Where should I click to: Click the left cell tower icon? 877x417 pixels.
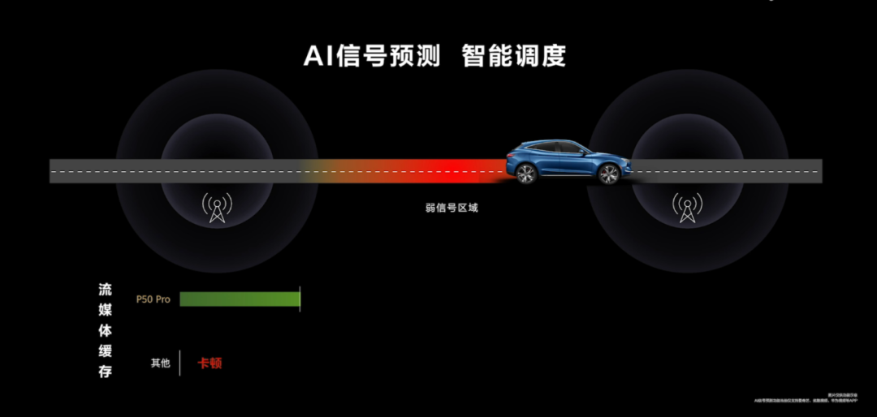[217, 207]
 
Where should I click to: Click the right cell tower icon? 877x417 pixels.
[687, 207]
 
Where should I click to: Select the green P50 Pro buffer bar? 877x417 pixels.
[240, 299]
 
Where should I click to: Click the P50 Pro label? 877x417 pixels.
[153, 299]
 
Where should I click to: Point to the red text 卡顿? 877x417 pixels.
[210, 363]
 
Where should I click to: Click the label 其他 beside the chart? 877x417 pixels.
[160, 363]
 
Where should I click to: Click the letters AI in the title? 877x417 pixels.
[318, 56]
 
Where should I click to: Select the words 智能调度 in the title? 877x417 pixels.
[513, 56]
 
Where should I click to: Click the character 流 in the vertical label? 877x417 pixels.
[106, 290]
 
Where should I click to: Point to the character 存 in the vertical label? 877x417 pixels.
[106, 372]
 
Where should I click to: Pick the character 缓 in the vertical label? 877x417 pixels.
[106, 351]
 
